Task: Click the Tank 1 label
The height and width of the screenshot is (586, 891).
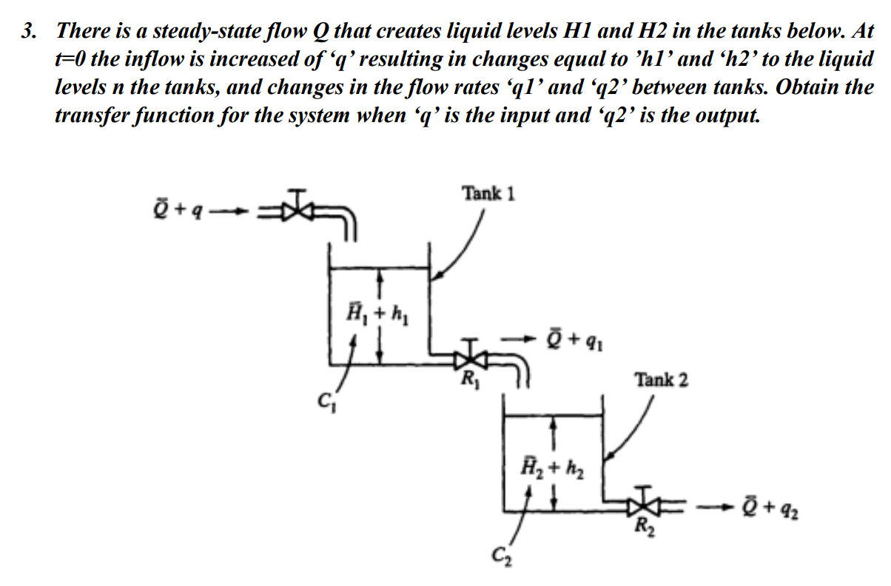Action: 488,194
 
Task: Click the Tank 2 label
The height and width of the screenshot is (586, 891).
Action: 661,380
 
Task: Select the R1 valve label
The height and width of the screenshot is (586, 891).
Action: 468,383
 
